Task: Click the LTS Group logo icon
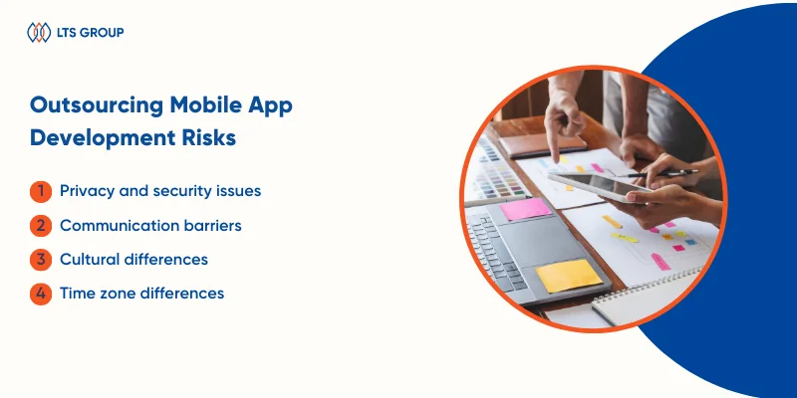38,33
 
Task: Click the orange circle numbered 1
39,190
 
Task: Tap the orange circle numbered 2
39,225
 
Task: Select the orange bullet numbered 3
39,259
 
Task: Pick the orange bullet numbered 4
39,294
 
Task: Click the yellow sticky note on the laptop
569,275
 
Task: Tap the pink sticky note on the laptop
525,208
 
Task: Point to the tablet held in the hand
604,184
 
